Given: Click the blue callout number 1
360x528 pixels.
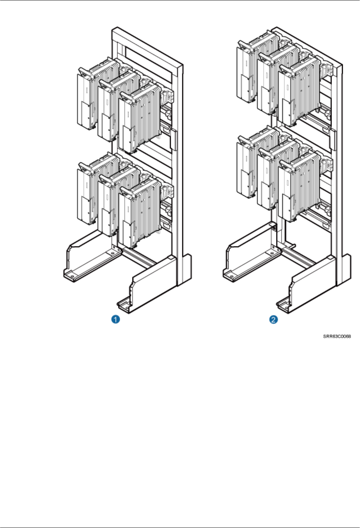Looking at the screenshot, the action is pos(116,319).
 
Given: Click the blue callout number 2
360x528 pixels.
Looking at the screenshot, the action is pos(274,319).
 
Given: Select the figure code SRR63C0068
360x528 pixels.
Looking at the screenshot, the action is pos(337,336).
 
